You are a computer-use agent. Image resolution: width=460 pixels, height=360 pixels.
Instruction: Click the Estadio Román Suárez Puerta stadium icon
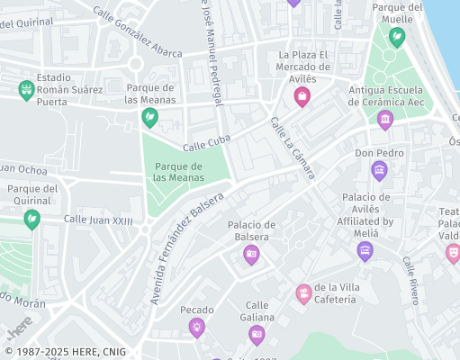coord(26,90)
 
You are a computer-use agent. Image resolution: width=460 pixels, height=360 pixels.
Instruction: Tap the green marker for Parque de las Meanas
coord(150,117)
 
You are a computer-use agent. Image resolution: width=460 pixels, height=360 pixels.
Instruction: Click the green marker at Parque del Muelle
coord(396,38)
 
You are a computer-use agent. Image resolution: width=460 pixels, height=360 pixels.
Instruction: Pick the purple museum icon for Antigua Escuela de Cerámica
coord(385,120)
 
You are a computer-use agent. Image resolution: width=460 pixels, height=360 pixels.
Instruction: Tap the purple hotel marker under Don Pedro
coord(379,170)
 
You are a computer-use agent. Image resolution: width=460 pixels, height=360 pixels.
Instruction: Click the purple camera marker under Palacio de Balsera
coord(251,255)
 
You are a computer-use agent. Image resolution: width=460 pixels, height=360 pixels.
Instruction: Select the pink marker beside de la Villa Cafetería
coord(304,293)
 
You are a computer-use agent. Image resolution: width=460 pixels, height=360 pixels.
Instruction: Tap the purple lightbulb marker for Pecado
coord(196,328)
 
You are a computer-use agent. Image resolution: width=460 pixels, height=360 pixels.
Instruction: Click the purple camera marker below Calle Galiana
coord(257,335)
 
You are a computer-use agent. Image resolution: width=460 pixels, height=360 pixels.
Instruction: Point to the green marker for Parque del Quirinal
coord(32,218)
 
